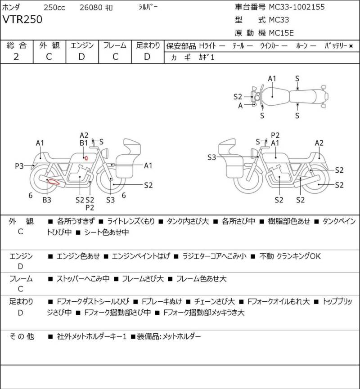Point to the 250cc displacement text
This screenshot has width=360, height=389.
pyautogui.click(x=54, y=7)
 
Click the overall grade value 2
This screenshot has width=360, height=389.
pyautogui.click(x=16, y=56)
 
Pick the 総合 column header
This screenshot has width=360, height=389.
pyautogui.click(x=16, y=45)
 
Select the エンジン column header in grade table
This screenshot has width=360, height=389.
pyautogui.click(x=81, y=45)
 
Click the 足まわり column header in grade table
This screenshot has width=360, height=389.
pyautogui.click(x=148, y=45)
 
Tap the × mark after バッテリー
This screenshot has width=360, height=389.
pyautogui.click(x=351, y=46)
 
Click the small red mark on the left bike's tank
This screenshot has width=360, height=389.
pyautogui.click(x=85, y=158)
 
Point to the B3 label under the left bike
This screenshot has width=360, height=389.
pyautogui.click(x=47, y=200)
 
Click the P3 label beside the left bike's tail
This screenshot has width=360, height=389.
pyautogui.click(x=19, y=166)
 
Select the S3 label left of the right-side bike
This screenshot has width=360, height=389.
pyautogui.click(x=212, y=157)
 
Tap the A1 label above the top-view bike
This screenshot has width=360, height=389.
pyautogui.click(x=272, y=78)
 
